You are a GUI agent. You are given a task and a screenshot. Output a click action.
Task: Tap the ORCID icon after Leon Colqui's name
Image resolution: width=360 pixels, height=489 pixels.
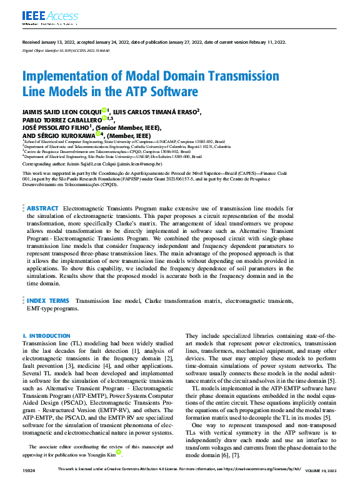105,111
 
